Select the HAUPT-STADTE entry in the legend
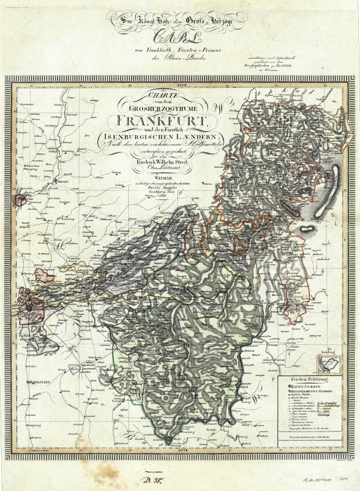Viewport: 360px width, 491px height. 298,388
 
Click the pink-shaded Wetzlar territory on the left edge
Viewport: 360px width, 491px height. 21,200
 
